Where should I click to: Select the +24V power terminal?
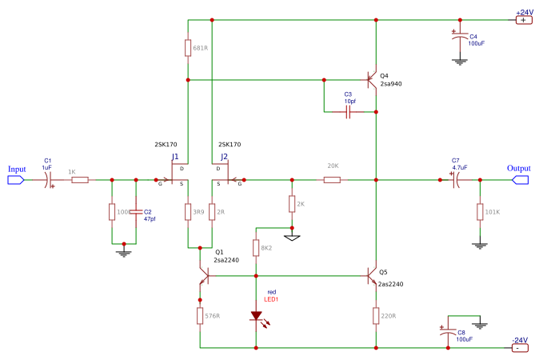pos(523,20)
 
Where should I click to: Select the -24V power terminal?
pos(520,348)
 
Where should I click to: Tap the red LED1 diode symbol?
pos(256,317)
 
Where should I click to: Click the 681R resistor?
pos(187,48)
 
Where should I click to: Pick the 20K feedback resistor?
pos(332,180)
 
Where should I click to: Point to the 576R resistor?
pos(199,316)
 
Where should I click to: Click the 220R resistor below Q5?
pos(375,316)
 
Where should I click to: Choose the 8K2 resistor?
pos(256,248)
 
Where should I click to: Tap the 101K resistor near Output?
pos(479,212)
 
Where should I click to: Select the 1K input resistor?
pos(79,180)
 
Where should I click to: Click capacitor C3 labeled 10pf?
pos(349,113)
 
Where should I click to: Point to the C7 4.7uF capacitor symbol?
pos(455,180)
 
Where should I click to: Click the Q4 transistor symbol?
pos(371,80)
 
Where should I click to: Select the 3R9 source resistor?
pos(187,212)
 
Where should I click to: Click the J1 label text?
pos(175,157)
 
